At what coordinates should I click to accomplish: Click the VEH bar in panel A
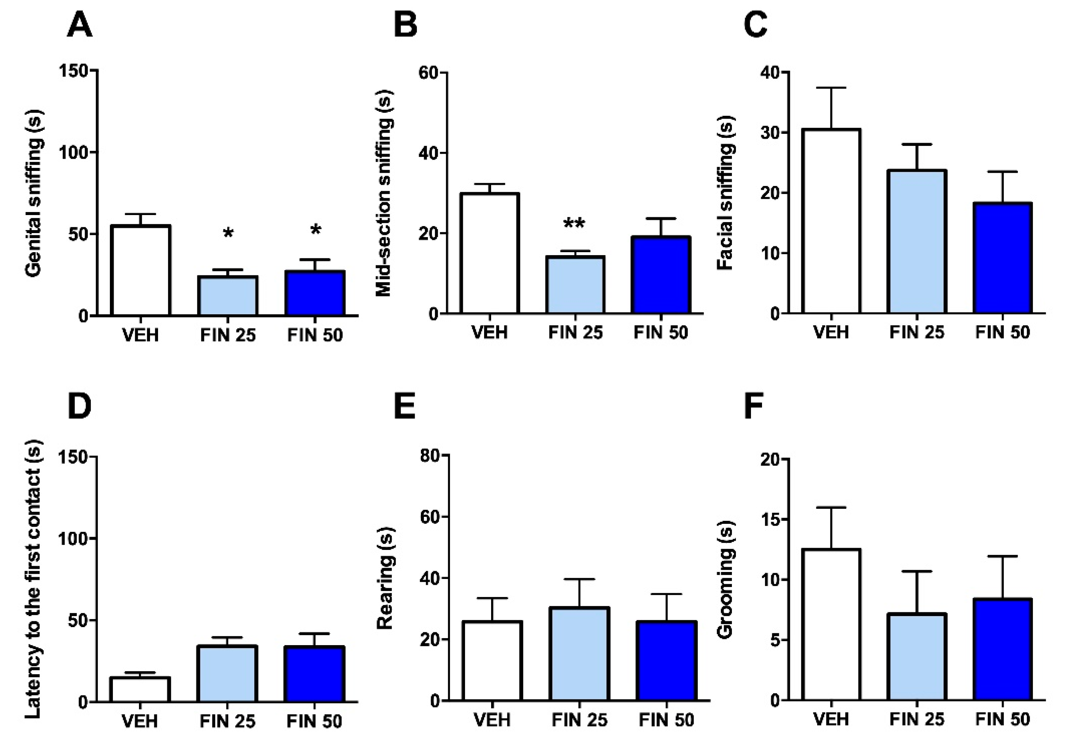pos(140,271)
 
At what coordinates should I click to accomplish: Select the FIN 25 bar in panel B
pos(575,285)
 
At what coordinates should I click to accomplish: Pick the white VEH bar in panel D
pos(140,690)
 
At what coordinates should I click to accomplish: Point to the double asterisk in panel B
pos(574,224)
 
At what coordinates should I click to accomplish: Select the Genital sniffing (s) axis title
pos(33,193)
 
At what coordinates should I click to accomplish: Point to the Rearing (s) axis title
pos(385,578)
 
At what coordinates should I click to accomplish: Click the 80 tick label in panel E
pos(429,455)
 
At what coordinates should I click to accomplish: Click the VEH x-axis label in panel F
pos(831,719)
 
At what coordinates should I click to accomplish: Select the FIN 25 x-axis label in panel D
pos(228,721)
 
